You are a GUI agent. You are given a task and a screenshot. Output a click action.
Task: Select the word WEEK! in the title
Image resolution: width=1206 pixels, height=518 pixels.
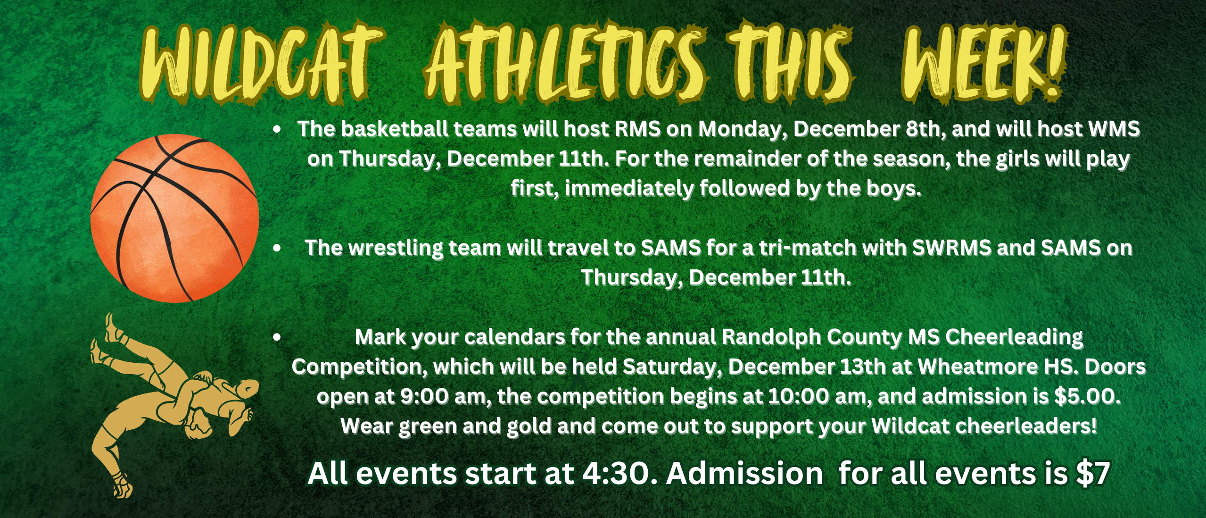coord(983,64)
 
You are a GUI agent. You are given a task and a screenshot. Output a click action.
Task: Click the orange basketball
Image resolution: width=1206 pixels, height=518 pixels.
coord(174,218)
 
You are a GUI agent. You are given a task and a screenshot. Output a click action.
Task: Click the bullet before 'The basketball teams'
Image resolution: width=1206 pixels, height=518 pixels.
coord(277,129)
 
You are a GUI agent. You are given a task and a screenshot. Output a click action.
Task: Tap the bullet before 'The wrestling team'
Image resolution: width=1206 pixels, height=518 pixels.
coord(277,248)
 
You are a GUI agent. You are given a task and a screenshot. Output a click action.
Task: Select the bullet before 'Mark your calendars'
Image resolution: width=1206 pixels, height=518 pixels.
coord(277,337)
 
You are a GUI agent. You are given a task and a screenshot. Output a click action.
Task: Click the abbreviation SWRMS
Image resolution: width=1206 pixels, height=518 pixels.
coord(951,248)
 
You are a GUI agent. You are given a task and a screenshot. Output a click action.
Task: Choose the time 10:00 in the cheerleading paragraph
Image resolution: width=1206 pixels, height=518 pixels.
coord(799,397)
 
